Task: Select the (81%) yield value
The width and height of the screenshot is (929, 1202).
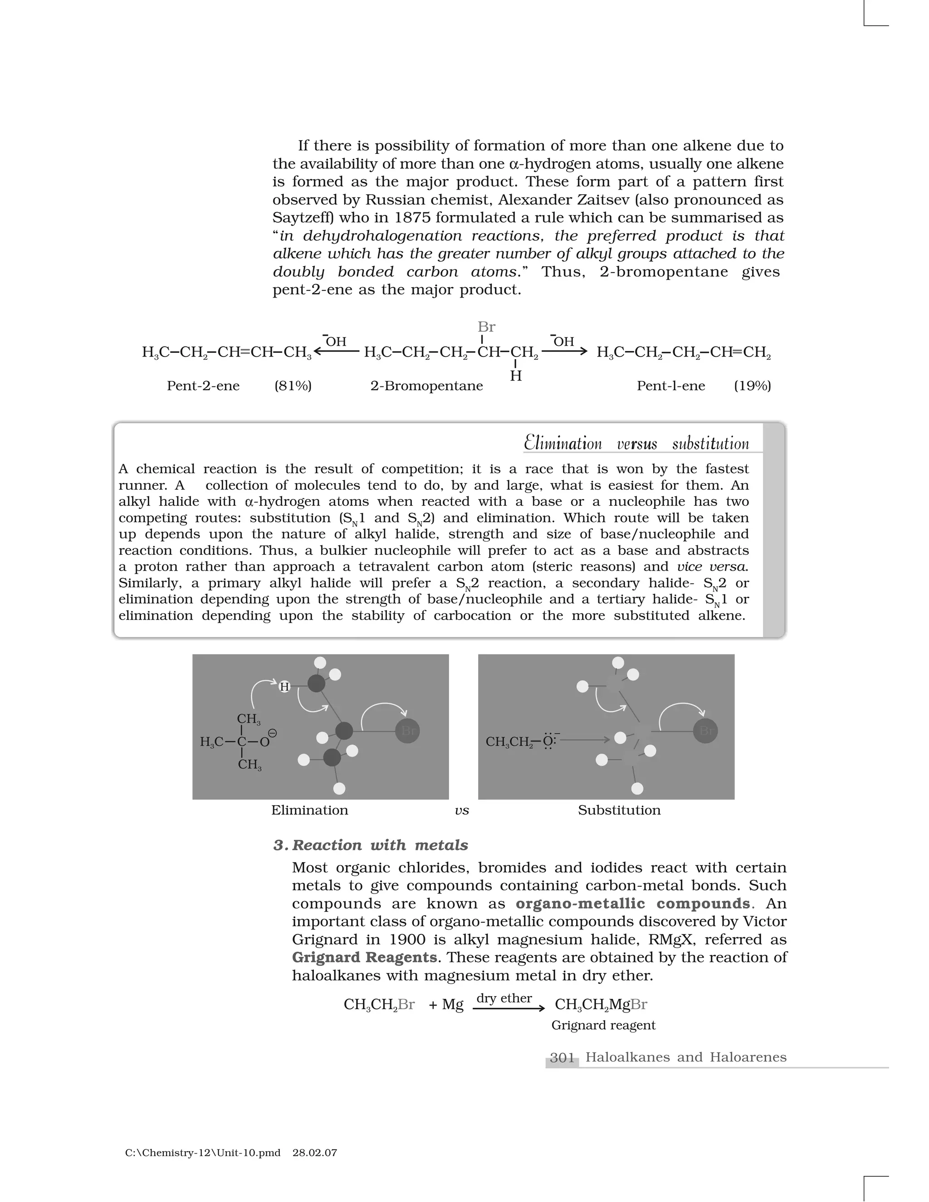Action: tap(293, 386)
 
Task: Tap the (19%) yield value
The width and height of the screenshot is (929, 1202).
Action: tap(753, 386)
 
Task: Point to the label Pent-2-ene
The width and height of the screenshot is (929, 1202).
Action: tap(203, 386)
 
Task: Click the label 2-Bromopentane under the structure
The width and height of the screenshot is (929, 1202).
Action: tap(426, 386)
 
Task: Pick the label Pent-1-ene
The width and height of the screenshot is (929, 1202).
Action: tap(670, 386)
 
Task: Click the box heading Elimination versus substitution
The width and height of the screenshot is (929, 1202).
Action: tap(636, 443)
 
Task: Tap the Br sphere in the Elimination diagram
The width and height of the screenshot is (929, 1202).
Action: tap(407, 731)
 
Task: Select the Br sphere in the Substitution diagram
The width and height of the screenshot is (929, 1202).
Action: tap(705, 731)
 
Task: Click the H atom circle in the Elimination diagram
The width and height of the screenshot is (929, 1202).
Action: tap(284, 687)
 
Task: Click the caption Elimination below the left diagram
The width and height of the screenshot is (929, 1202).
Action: tap(309, 810)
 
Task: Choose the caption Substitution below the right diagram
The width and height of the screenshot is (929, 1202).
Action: tap(619, 810)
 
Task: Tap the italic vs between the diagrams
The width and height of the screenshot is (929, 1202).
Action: tap(462, 811)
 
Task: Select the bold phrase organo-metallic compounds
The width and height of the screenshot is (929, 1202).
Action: tap(633, 904)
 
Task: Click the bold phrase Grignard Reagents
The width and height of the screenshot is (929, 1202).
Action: tap(364, 957)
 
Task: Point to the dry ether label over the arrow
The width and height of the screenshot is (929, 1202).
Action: tap(504, 998)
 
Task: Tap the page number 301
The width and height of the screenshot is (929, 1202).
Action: tap(562, 1057)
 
